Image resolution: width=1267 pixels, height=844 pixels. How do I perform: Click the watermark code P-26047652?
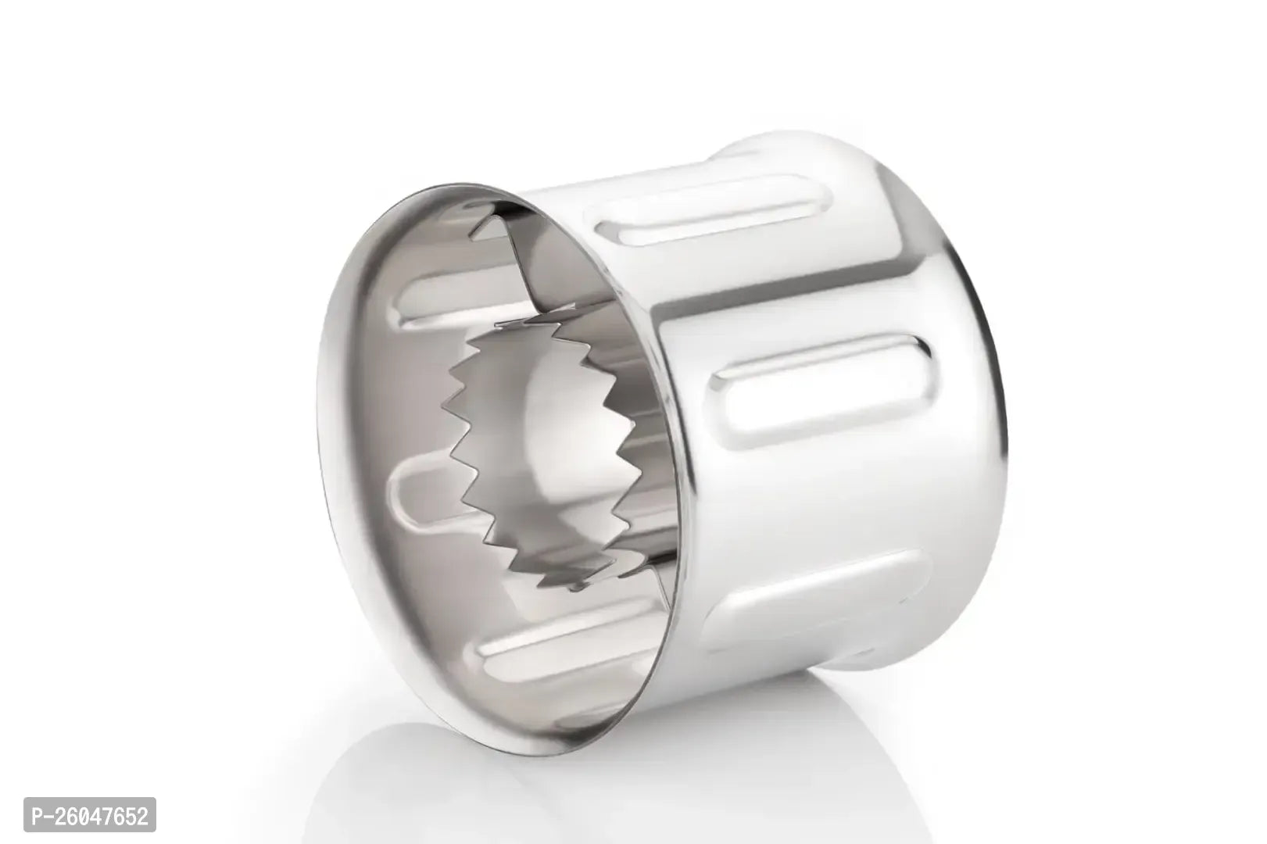[x=90, y=814]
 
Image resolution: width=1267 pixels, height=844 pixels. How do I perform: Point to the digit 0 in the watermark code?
[x=84, y=814]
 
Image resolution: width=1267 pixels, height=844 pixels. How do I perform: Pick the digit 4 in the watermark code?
[x=98, y=814]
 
